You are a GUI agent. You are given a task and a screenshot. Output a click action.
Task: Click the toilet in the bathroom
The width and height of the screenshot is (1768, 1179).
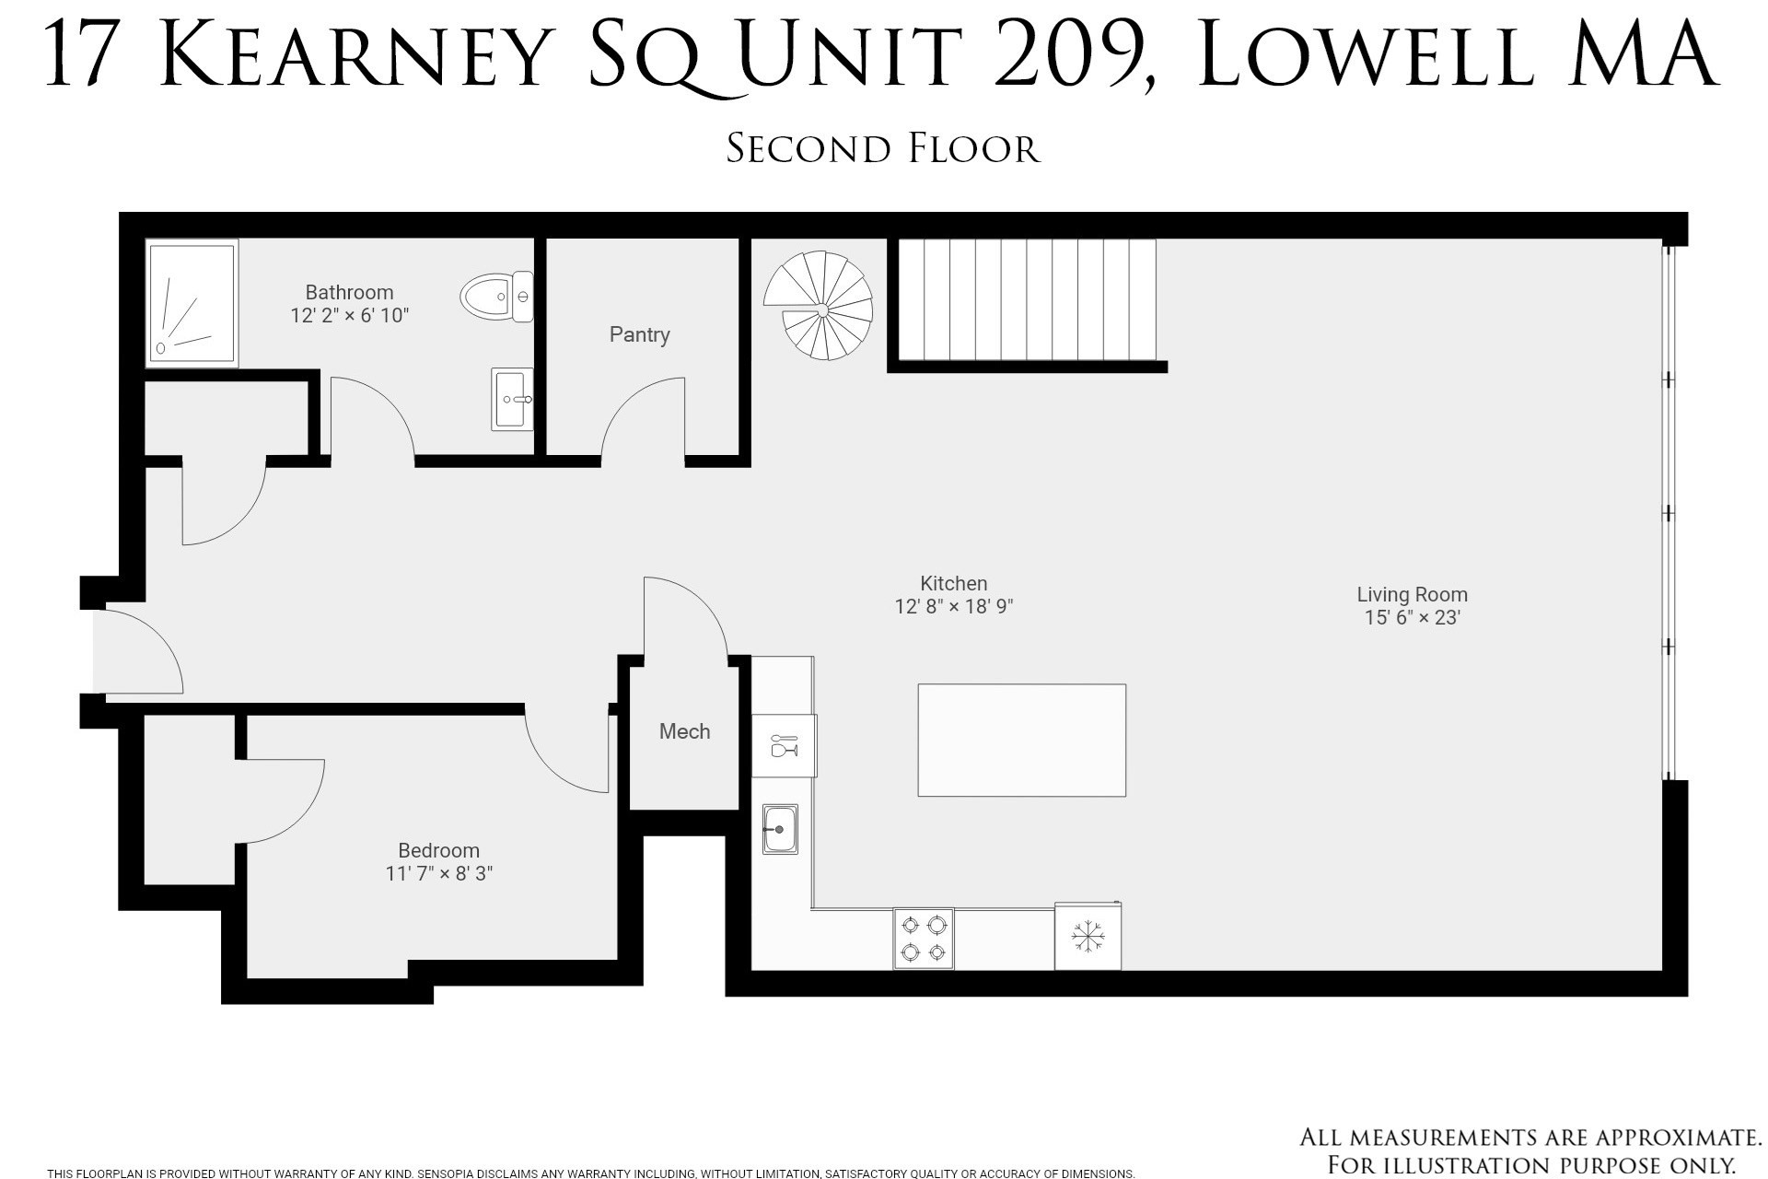click(496, 297)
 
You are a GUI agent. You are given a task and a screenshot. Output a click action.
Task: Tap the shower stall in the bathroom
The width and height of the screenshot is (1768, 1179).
click(192, 303)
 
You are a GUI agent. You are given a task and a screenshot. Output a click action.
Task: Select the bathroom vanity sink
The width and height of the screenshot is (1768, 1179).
click(512, 400)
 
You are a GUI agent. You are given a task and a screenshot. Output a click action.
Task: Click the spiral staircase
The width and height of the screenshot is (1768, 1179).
click(818, 306)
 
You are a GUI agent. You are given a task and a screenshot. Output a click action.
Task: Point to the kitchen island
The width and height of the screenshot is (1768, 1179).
click(1022, 740)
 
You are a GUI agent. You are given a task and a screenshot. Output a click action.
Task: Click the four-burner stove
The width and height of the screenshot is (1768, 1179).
click(924, 939)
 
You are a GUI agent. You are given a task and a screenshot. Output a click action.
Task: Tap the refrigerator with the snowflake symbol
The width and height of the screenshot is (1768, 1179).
click(1088, 936)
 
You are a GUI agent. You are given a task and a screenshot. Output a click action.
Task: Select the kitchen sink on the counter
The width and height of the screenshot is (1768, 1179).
click(780, 829)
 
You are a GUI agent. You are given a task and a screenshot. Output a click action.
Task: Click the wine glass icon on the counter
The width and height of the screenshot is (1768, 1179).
click(784, 745)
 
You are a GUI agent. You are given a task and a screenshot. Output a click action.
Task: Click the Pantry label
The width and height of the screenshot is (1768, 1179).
click(639, 334)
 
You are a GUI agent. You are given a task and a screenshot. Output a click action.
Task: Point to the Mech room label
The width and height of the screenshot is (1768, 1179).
click(684, 731)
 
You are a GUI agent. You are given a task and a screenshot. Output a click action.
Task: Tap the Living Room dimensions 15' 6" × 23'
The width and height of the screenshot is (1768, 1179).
click(1413, 617)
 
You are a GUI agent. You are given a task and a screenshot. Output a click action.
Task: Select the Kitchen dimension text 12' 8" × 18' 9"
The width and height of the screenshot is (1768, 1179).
click(954, 606)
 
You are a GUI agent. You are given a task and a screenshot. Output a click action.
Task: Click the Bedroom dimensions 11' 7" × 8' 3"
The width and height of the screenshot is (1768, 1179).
click(439, 873)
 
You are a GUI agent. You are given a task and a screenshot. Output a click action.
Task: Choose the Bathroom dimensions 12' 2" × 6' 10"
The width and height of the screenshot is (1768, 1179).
click(349, 315)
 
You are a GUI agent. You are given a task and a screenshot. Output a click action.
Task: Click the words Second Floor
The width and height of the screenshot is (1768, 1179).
click(883, 149)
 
